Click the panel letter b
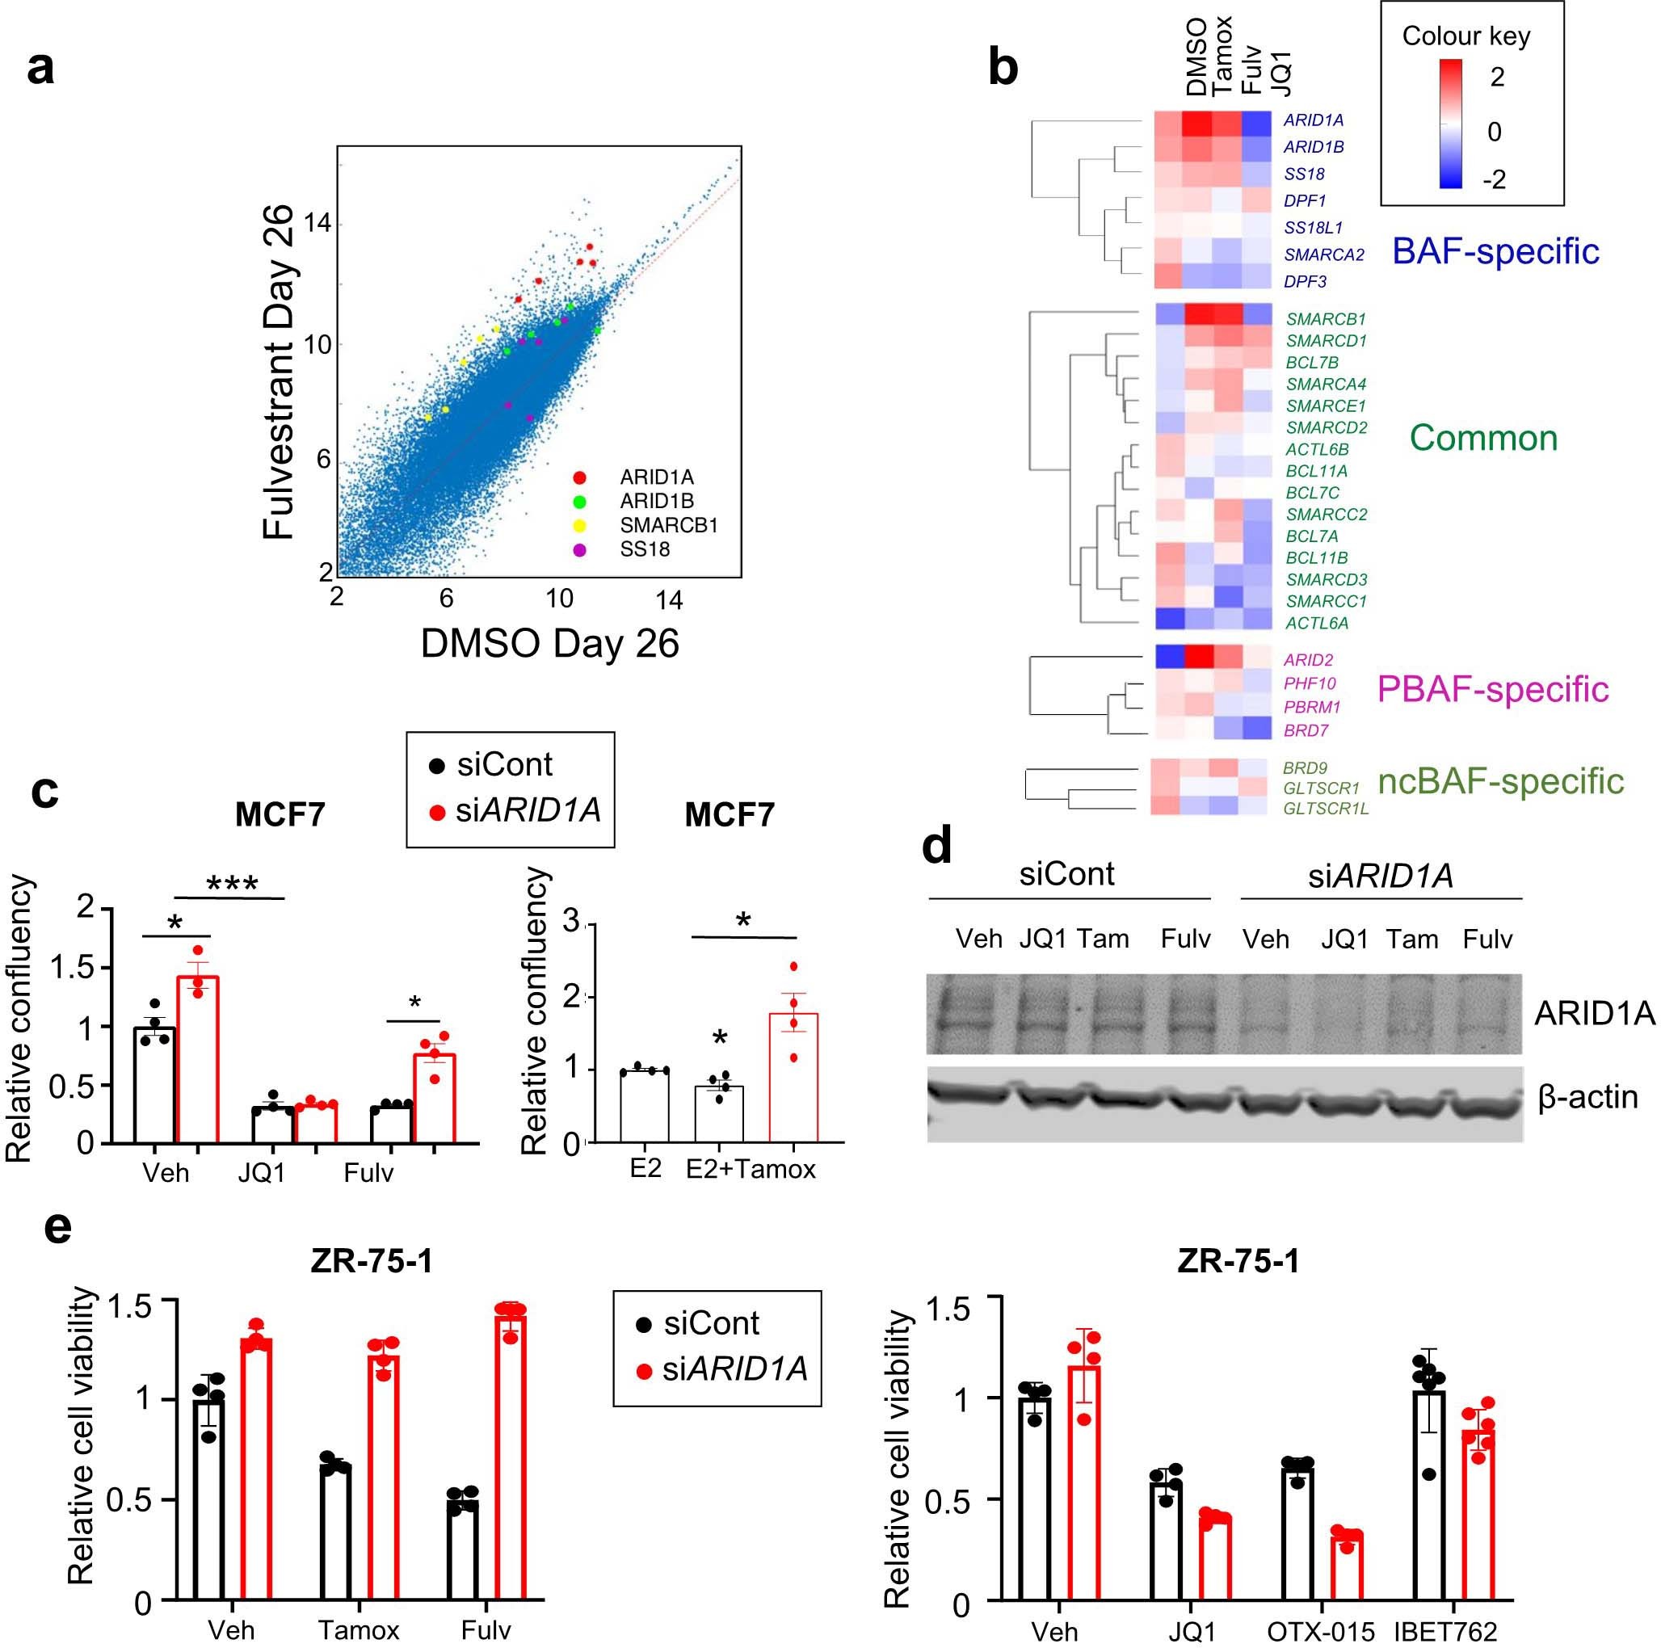1003,66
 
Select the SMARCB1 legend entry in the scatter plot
668,525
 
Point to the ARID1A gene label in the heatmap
1313,120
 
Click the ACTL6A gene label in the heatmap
1316,624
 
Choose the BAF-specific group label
1495,251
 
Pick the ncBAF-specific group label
1500,780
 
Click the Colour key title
1465,36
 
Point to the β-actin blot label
1587,1098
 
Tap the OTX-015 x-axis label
1321,1631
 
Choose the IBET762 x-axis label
1445,1631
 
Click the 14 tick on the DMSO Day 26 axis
669,600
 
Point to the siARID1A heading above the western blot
1380,875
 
